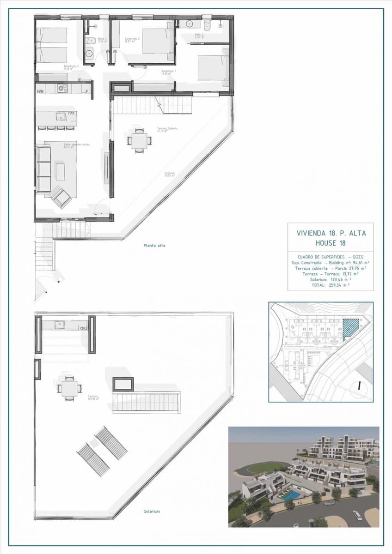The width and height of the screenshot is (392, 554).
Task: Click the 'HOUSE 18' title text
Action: (331, 243)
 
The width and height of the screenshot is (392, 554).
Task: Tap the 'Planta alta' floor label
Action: (154, 246)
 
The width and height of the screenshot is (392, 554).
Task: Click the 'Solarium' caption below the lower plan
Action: (152, 512)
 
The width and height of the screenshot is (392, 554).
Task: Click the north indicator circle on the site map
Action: (359, 386)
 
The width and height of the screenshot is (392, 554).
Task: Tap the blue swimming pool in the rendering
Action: (290, 495)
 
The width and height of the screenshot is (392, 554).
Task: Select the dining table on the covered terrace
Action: (139, 140)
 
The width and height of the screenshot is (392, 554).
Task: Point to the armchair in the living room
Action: (61, 198)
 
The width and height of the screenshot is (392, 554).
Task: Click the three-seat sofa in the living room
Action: (43, 169)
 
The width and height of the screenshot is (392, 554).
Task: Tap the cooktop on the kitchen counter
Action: (62, 88)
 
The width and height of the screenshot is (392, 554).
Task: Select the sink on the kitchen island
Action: (61, 116)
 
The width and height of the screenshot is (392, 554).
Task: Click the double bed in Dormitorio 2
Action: (158, 41)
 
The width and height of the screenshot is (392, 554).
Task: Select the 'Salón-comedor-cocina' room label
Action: (76, 145)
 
